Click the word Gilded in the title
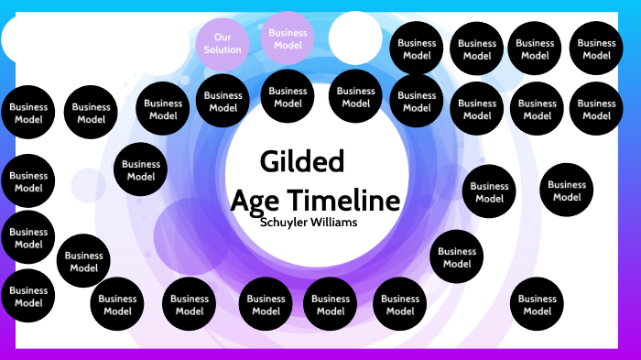[x=302, y=161]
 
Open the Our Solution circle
[x=223, y=43]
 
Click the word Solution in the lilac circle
[x=223, y=49]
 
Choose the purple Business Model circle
[x=288, y=38]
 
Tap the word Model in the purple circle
[x=288, y=45]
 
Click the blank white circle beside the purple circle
[x=355, y=38]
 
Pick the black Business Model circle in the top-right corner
[x=596, y=49]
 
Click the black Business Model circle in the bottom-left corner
[x=28, y=296]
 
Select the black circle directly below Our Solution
[x=223, y=101]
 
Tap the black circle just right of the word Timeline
[x=489, y=191]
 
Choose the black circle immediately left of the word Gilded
[x=141, y=170]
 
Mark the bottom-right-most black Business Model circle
[x=537, y=304]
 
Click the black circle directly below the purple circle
[x=288, y=96]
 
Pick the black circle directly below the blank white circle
[x=355, y=96]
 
